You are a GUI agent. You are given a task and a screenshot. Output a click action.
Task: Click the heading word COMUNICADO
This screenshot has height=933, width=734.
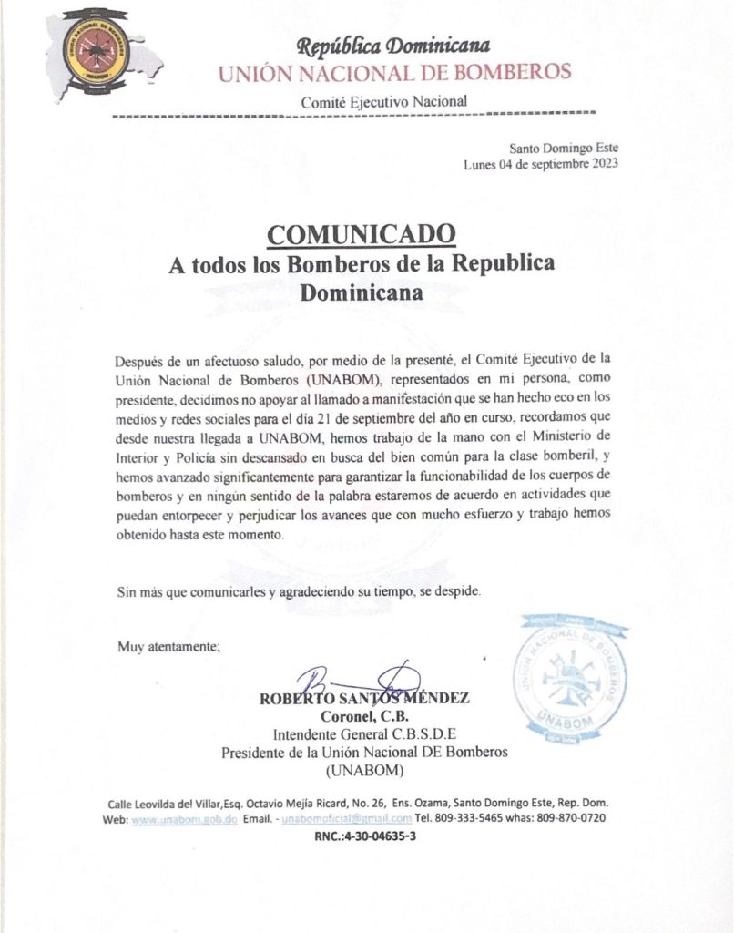click(361, 234)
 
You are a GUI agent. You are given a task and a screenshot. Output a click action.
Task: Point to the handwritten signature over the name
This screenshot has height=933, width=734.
click(360, 682)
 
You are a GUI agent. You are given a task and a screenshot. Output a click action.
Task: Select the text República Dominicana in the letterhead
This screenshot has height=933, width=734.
click(393, 46)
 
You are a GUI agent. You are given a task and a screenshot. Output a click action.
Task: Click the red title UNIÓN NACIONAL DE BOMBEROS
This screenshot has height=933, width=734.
click(394, 72)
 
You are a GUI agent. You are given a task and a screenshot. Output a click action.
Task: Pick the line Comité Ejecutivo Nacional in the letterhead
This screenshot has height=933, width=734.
click(384, 101)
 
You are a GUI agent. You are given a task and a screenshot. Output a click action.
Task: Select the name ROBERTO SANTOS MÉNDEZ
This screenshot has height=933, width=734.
click(364, 700)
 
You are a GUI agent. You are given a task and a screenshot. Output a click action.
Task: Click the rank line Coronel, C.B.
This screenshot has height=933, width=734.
click(364, 717)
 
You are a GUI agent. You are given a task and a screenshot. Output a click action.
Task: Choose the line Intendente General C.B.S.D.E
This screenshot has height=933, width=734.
click(364, 734)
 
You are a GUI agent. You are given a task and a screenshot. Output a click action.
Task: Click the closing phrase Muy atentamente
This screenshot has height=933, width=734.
click(169, 647)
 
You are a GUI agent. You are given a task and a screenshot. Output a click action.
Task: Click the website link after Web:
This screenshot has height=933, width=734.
click(185, 818)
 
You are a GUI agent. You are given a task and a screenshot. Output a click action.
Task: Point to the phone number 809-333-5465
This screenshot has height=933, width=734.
click(473, 818)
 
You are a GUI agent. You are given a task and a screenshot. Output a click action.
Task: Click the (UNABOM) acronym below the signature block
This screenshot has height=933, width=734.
click(364, 771)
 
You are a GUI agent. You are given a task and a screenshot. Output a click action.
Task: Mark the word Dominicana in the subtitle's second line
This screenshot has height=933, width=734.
click(362, 293)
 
